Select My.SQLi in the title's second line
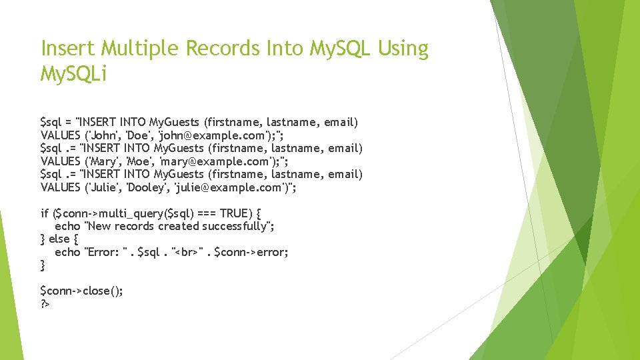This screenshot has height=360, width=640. pyautogui.click(x=73, y=74)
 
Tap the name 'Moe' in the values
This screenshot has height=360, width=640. pyautogui.click(x=137, y=161)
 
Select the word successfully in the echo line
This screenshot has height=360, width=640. pyautogui.click(x=237, y=227)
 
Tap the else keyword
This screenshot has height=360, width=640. pyautogui.click(x=59, y=239)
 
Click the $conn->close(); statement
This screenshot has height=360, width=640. pyautogui.click(x=81, y=291)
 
